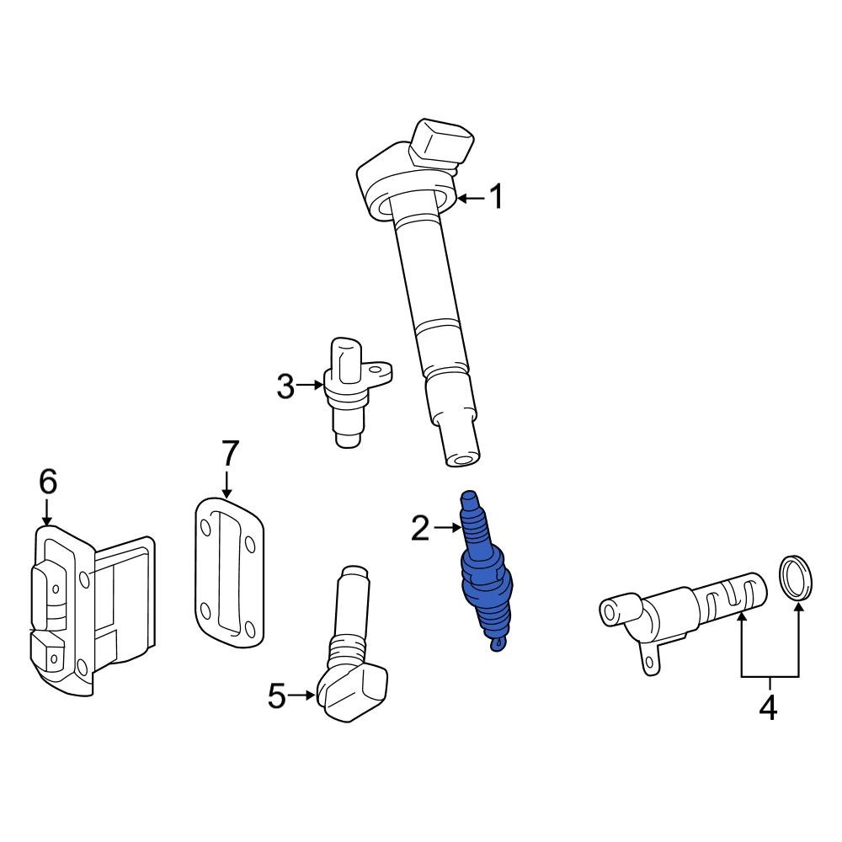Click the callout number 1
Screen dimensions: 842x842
pos(496,197)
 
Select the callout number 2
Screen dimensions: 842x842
pos(420,529)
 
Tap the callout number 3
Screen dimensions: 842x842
pos(286,386)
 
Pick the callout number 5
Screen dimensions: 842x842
pos(277,695)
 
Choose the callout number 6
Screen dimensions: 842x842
pos(47,482)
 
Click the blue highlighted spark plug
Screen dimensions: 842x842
pos(487,573)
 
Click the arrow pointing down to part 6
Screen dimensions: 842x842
pos(47,514)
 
